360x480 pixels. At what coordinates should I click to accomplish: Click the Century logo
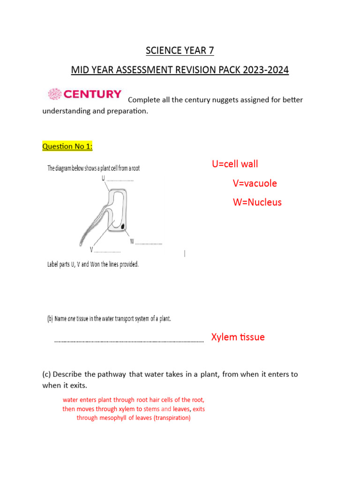click(x=85, y=94)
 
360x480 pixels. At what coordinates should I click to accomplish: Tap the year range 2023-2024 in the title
click(x=265, y=71)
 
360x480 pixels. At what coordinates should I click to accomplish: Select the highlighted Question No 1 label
click(x=67, y=147)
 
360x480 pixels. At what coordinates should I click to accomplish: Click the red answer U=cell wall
click(x=235, y=164)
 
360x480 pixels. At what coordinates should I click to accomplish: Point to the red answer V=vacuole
click(x=255, y=183)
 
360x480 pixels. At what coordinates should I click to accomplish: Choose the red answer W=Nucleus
click(x=257, y=202)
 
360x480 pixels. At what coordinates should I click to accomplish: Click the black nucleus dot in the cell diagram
click(x=123, y=227)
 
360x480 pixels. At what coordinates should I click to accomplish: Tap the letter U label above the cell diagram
click(x=103, y=178)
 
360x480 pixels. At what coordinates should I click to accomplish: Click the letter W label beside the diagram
click(x=132, y=241)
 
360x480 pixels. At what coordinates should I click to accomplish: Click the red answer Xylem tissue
click(x=238, y=337)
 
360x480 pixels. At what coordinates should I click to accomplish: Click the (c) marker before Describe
click(x=46, y=375)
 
